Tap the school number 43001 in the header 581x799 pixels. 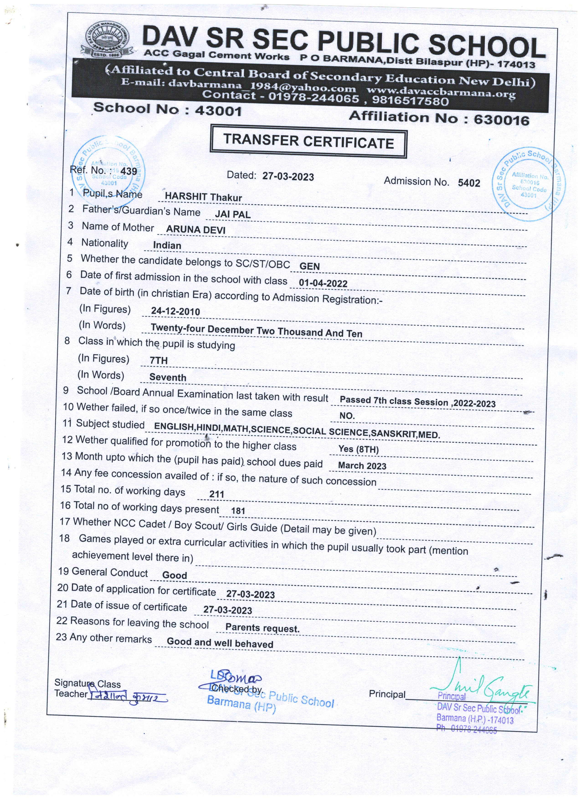[x=219, y=111]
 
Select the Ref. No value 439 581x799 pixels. [x=129, y=172]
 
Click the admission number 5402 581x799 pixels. [x=469, y=183]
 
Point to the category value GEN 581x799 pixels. [x=309, y=266]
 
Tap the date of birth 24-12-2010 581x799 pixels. [x=175, y=311]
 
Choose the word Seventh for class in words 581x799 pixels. [x=168, y=377]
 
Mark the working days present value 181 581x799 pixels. [x=238, y=510]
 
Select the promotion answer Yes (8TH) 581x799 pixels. [x=358, y=449]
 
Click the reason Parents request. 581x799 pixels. [x=262, y=628]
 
